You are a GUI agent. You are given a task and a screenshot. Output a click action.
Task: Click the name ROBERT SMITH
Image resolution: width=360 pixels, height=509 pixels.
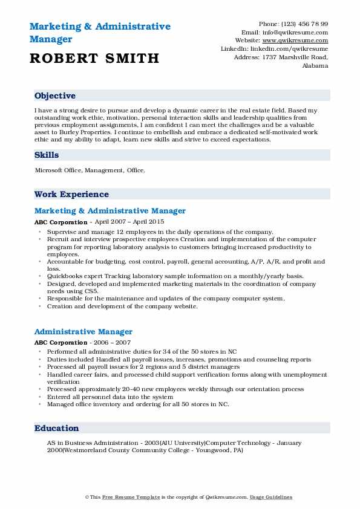pos(94,59)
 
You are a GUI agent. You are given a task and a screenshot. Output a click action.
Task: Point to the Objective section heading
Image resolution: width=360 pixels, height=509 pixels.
pos(55,96)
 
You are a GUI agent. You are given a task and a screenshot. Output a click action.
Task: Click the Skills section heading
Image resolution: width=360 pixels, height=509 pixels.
pos(47,155)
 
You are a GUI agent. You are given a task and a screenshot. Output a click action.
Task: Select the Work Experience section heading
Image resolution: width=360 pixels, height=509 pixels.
pos(71,194)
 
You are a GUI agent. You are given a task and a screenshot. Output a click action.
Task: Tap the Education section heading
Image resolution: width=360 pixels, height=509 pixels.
pos(57,428)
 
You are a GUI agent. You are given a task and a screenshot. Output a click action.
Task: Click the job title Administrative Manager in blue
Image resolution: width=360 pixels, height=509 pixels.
pos(83,331)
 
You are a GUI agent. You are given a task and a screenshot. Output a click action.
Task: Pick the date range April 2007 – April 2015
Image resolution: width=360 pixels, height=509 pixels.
pos(131,222)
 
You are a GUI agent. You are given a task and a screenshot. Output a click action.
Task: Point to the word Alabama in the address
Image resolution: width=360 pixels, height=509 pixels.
pos(315,65)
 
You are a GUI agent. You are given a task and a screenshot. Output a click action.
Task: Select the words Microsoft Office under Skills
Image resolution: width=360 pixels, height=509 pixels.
pos(58,170)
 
